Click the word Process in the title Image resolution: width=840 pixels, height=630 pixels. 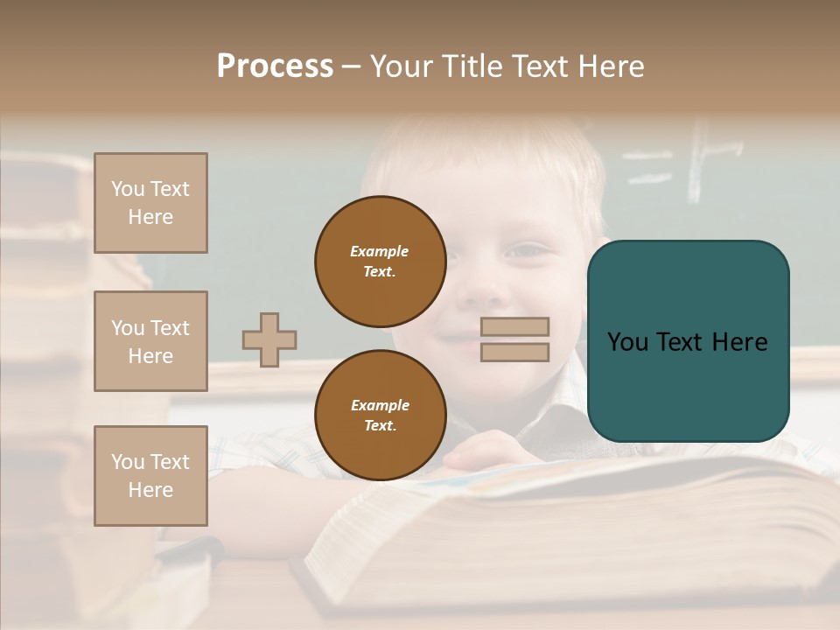(x=275, y=66)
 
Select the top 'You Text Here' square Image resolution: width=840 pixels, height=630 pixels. (x=150, y=203)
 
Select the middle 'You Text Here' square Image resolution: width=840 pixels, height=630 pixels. (x=150, y=341)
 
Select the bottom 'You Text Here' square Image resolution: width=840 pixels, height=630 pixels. (x=150, y=475)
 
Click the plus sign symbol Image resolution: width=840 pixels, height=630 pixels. (x=269, y=339)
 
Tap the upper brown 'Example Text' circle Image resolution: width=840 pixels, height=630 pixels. (x=380, y=262)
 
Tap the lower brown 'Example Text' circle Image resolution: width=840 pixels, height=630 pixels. (x=380, y=416)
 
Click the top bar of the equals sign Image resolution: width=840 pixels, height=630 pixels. (x=515, y=327)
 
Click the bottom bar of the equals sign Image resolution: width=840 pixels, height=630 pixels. (x=515, y=352)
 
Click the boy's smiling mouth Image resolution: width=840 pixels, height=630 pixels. (x=457, y=337)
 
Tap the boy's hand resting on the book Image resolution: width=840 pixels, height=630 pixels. (x=490, y=452)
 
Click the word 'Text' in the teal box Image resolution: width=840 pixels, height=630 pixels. (x=687, y=342)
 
